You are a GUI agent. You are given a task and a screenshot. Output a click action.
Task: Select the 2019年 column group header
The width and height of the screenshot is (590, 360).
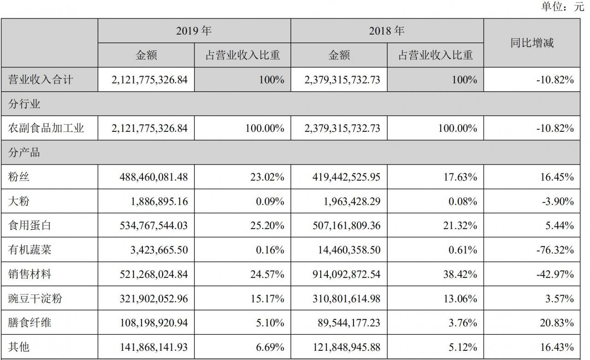point(194,31)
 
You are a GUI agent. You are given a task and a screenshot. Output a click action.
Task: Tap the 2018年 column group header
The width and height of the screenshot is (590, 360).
point(387,31)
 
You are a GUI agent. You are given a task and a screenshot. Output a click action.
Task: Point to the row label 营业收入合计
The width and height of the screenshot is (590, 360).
point(41,80)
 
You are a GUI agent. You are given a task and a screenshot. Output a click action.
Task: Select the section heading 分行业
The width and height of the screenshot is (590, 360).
point(24,104)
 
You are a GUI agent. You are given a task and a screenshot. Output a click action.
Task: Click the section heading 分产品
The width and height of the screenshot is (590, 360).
point(24,153)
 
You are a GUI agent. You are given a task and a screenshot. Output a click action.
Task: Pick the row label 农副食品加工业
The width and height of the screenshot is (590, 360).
point(46,128)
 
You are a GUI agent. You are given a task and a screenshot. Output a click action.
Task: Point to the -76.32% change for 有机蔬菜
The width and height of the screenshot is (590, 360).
point(555,250)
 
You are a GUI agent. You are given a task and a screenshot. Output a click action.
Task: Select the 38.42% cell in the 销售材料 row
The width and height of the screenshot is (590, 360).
point(460,275)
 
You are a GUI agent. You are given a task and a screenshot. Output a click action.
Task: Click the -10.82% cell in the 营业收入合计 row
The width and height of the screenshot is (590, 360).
point(555,80)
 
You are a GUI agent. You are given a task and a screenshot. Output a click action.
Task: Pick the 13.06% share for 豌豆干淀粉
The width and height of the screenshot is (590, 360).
point(460,299)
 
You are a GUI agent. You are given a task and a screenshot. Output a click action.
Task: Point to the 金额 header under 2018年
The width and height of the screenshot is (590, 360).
point(339,55)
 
